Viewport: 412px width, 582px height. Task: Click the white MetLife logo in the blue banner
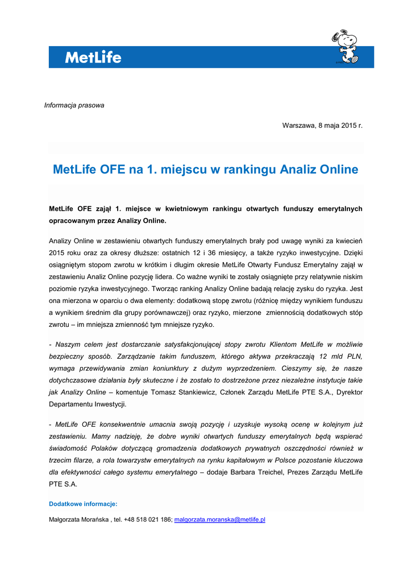93,57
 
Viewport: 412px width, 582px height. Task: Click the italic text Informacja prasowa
74,105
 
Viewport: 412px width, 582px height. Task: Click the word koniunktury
169,368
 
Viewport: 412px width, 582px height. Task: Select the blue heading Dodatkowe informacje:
83,504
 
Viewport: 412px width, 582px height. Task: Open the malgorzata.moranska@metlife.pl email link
220,519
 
